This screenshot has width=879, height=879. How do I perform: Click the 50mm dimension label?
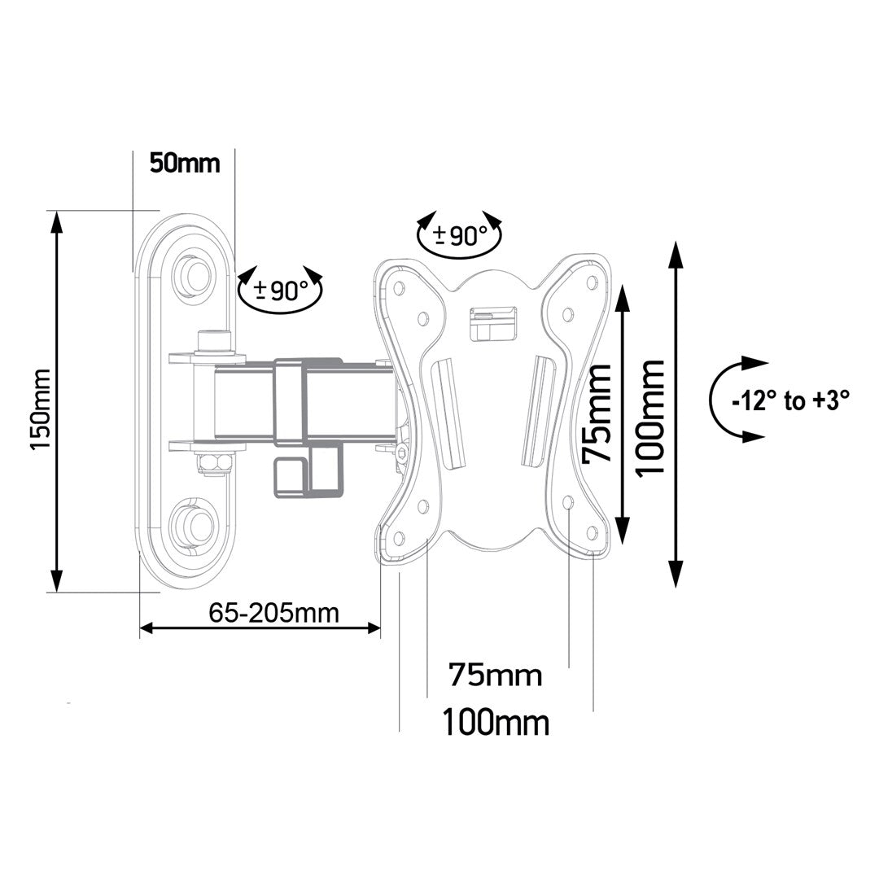(185, 163)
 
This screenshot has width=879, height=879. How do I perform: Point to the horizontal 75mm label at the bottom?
(495, 675)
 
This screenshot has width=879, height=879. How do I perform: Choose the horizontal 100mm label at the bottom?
(495, 721)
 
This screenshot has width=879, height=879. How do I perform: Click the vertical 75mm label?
(600, 413)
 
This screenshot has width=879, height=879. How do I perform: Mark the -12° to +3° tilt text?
(790, 400)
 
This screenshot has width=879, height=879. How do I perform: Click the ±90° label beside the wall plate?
(281, 291)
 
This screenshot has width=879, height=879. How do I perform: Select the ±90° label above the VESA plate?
(460, 236)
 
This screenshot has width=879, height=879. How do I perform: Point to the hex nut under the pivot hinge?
(215, 463)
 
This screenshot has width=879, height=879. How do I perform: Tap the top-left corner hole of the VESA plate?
(398, 287)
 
